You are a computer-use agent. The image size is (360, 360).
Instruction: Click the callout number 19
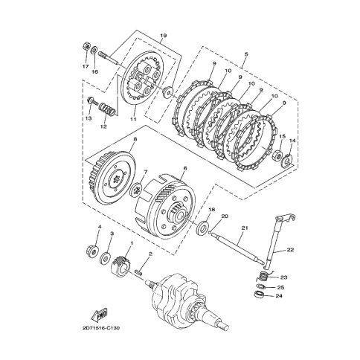[x=163, y=36]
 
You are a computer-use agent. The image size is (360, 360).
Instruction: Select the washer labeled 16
[x=94, y=51]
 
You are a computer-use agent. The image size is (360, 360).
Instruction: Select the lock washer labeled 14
[x=288, y=161]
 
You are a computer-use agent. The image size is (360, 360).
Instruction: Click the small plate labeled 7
[x=136, y=190]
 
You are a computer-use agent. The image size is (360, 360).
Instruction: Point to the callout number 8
[x=135, y=140]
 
